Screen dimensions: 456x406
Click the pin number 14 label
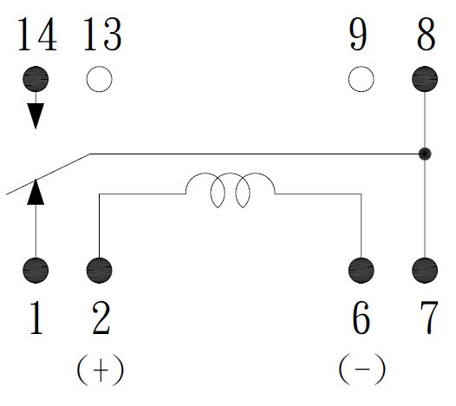point(37,35)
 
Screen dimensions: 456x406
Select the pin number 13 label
point(102,35)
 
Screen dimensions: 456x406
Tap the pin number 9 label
point(358,35)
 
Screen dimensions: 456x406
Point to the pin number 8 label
point(427,35)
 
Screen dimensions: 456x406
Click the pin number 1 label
point(36,318)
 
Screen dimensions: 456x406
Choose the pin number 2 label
point(101,318)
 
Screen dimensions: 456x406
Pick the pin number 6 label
point(361,318)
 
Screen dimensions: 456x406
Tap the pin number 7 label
point(429,318)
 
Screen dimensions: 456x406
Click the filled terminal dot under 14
point(36,79)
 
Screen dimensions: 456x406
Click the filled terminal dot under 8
point(425,79)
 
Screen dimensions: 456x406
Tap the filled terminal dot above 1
point(36,271)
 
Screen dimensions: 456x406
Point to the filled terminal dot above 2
point(99,271)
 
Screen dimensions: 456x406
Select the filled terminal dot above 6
point(362,271)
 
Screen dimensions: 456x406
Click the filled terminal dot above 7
point(425,271)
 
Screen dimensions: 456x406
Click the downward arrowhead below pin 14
point(36,115)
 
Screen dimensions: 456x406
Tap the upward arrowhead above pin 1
point(36,192)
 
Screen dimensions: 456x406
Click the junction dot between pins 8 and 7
point(425,154)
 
